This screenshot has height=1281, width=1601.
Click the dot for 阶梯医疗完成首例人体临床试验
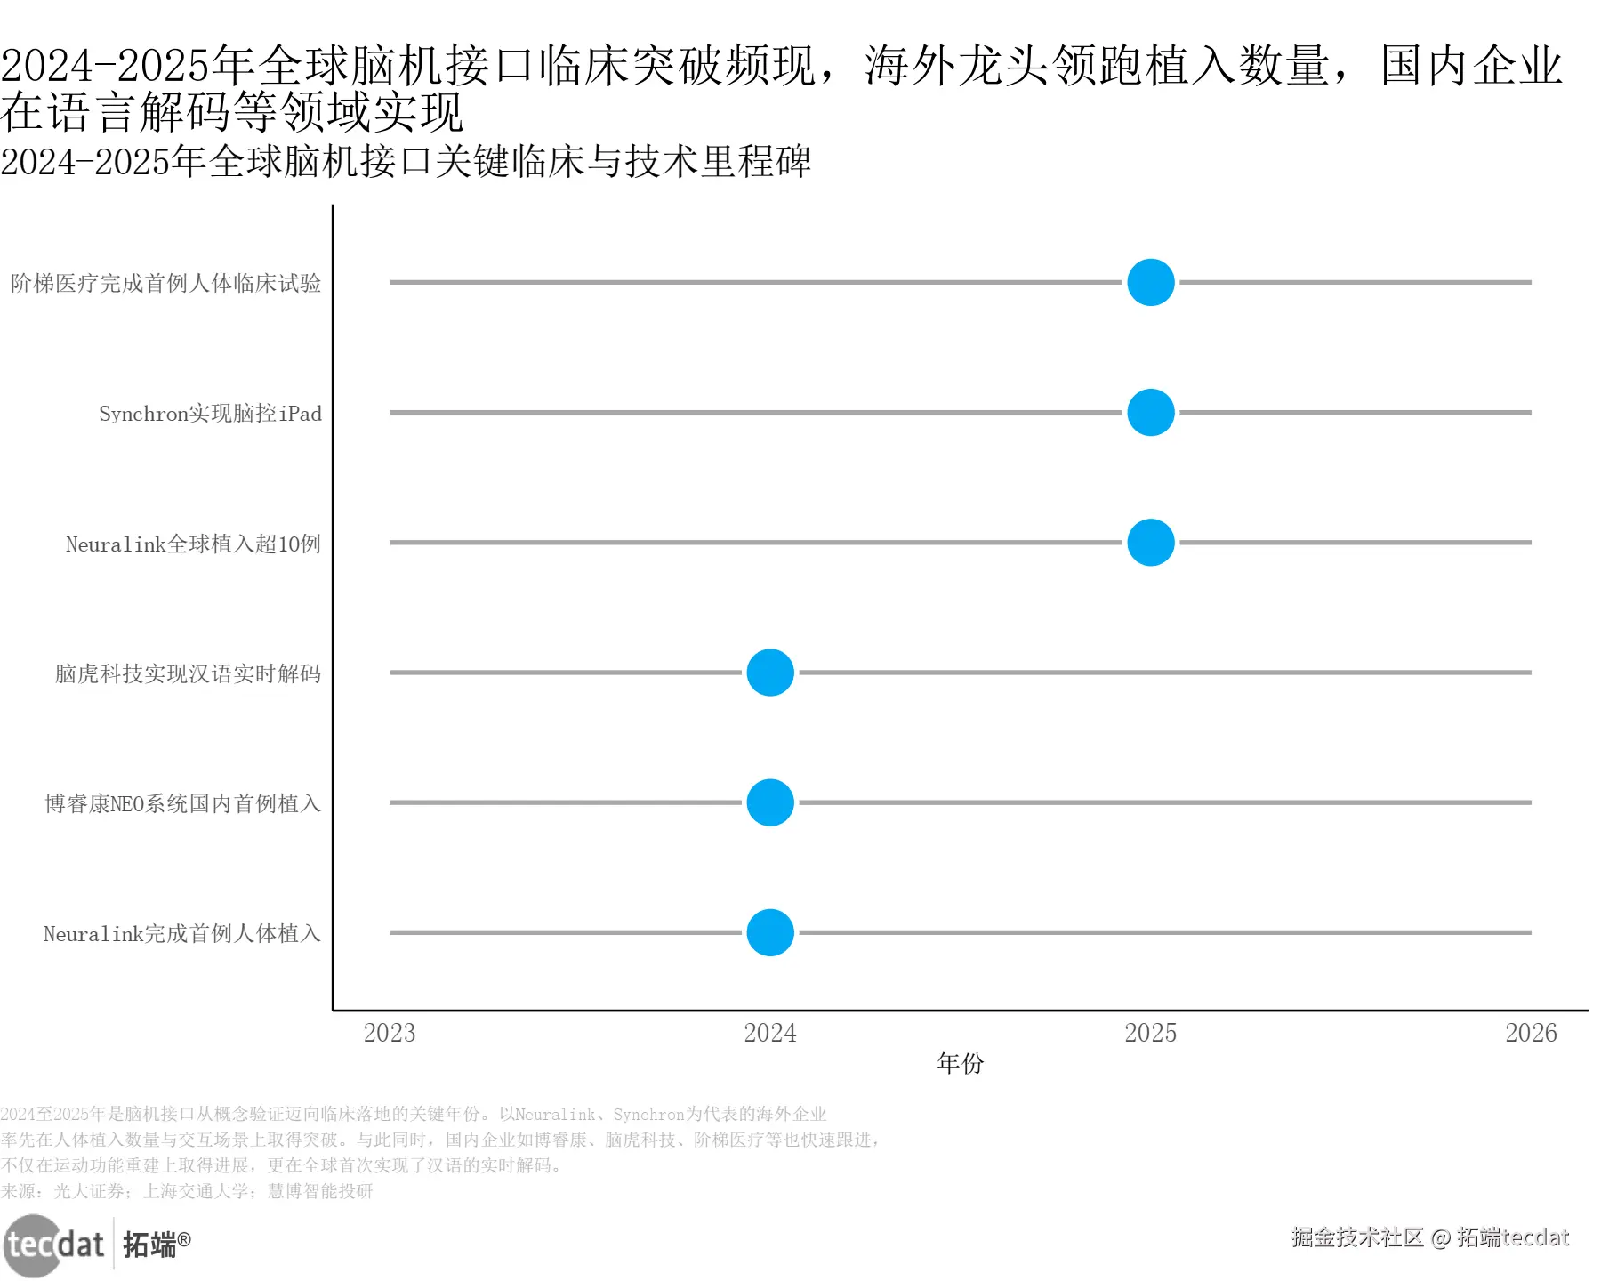(1150, 282)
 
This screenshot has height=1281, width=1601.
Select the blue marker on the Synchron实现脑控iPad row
(1150, 412)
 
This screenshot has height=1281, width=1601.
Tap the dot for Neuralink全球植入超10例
(1150, 542)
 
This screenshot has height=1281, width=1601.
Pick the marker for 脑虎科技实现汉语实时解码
(769, 673)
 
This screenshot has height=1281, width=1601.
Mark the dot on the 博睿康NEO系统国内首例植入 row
(769, 802)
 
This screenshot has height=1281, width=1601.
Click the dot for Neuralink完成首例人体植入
(769, 932)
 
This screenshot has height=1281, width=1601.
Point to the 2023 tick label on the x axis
(390, 1033)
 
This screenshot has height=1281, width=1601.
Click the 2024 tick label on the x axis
(769, 1033)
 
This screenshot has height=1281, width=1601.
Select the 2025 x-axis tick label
(1150, 1033)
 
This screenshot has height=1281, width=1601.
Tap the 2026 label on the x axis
(1531, 1033)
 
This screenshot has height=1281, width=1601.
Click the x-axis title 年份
(960, 1063)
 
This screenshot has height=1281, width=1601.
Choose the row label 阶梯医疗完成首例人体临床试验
(165, 283)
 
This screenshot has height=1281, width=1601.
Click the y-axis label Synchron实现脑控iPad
(210, 414)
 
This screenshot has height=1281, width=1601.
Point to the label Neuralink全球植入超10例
(193, 544)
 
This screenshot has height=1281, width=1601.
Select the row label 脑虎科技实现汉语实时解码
(188, 673)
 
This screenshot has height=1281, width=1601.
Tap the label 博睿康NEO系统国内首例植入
(182, 803)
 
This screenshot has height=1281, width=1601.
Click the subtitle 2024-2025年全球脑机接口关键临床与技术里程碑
(406, 162)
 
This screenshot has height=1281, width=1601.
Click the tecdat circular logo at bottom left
(36, 1245)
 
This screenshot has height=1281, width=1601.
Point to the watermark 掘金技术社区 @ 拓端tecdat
(1429, 1237)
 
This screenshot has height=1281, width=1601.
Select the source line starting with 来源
(187, 1191)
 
